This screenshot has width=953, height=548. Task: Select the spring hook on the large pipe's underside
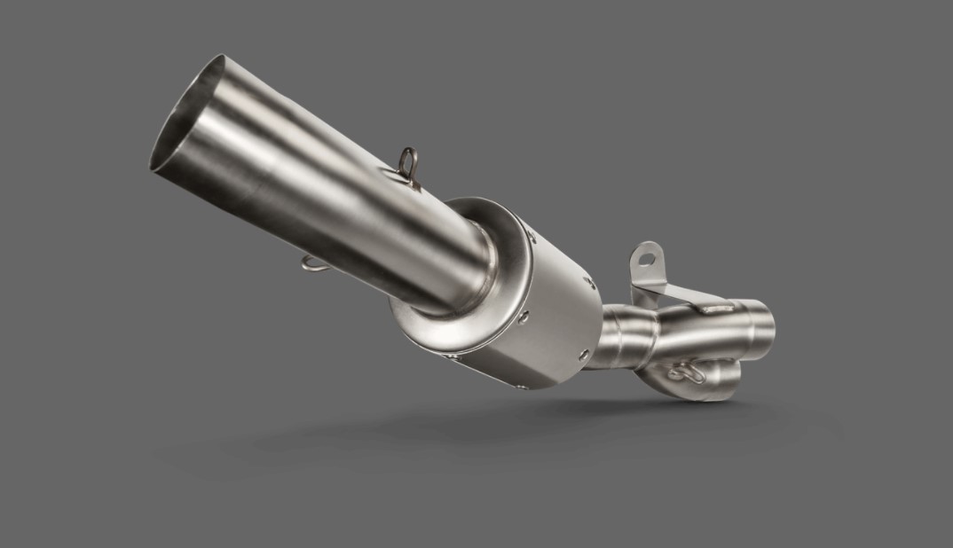[x=313, y=263]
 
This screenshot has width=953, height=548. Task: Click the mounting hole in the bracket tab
[x=646, y=259]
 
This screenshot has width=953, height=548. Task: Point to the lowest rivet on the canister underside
[x=455, y=357]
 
